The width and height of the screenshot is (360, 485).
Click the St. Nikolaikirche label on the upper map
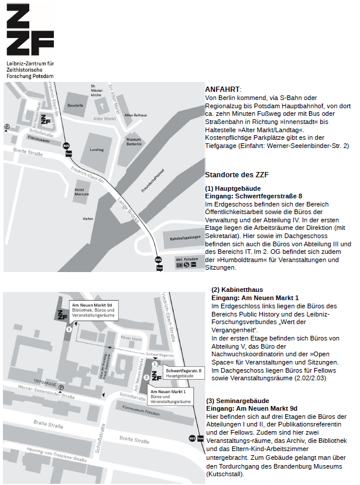[x=97, y=90]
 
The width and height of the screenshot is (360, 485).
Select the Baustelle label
[x=76, y=105]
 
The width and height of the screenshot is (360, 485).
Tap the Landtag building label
[x=97, y=150]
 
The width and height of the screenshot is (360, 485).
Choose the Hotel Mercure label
[x=80, y=192]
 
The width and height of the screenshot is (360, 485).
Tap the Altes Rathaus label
[x=135, y=115]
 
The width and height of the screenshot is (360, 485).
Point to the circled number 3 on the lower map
[x=69, y=329]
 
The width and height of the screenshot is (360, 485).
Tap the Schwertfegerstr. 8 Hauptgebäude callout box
[x=183, y=373]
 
